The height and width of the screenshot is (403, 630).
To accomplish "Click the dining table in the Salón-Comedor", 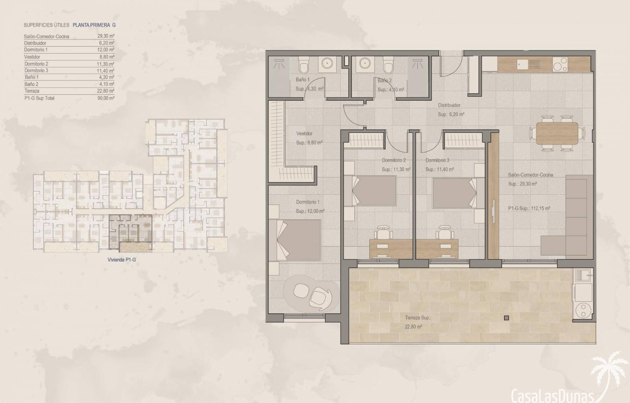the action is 557,133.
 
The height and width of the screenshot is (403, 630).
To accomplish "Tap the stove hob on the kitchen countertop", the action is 560,65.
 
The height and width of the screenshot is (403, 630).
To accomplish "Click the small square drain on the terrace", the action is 506,318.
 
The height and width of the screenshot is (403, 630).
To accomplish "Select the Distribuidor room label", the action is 449,105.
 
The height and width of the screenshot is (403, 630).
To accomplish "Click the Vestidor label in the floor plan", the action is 304,133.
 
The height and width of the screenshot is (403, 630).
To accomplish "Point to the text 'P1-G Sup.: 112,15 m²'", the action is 529,209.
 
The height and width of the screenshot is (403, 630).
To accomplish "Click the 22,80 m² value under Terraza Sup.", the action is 413,327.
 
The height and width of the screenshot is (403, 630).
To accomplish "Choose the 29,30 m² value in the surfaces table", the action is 106,36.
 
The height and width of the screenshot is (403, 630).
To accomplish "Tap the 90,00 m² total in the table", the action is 106,98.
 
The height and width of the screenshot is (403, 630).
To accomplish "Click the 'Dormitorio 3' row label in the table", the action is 36,70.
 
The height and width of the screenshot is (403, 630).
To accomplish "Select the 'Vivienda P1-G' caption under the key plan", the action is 122,260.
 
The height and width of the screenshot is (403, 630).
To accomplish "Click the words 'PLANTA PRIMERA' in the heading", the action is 91,25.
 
